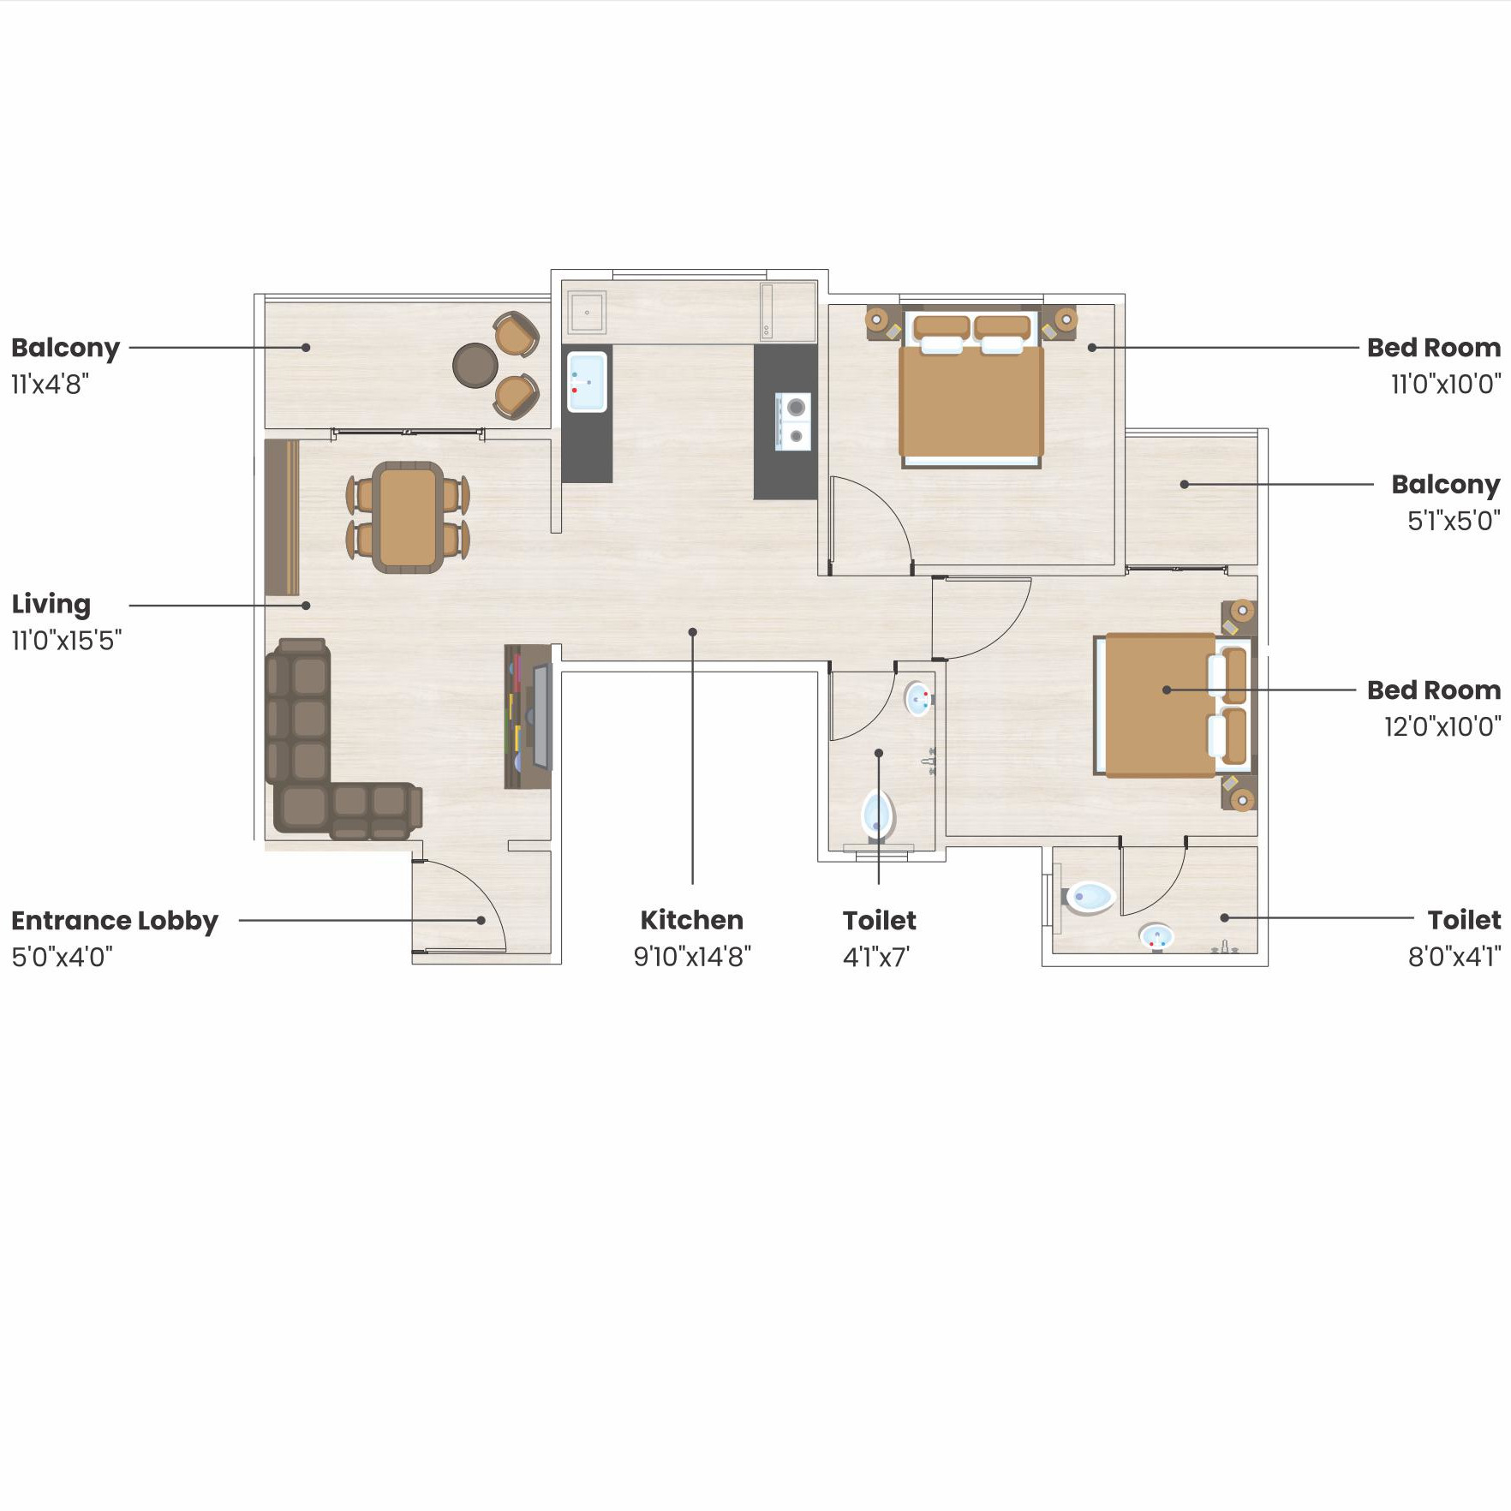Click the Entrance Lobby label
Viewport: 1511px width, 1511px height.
pos(115,921)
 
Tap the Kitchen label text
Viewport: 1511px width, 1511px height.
pos(692,920)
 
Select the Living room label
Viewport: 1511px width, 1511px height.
pos(51,604)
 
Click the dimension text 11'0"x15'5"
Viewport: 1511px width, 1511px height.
pos(67,641)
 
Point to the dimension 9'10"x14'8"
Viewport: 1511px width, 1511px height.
pos(692,957)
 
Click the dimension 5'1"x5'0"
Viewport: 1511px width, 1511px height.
pos(1454,521)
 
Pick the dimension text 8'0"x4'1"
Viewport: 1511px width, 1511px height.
pos(1454,957)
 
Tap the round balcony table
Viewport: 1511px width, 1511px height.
pos(475,366)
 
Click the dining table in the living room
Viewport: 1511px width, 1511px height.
pos(408,517)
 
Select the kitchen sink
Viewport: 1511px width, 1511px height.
pos(587,381)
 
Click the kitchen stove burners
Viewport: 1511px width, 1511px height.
pos(794,421)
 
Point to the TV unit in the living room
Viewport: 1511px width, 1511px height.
pos(528,716)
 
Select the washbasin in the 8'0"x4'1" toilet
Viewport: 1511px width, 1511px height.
pos(1156,937)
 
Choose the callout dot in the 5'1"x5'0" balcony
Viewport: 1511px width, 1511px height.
pos(1185,485)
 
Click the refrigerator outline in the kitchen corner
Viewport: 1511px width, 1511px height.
pos(788,312)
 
